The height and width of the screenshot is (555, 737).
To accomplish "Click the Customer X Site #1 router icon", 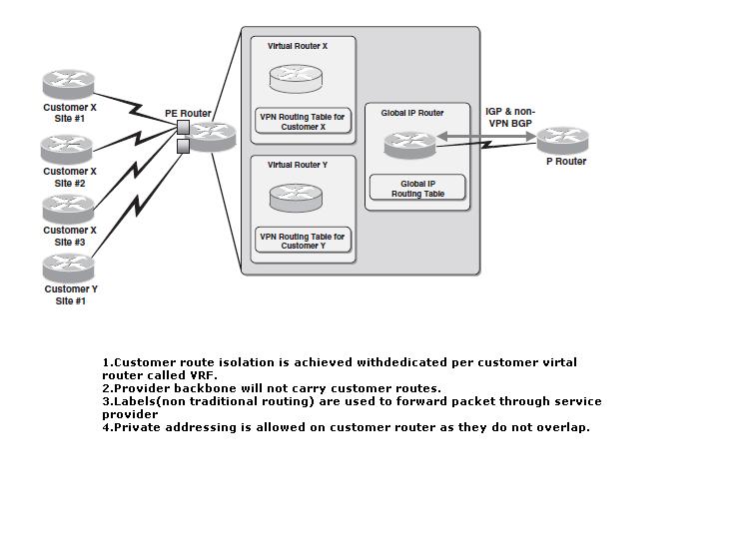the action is [69, 84].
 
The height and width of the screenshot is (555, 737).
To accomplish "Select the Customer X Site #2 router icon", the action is [67, 150].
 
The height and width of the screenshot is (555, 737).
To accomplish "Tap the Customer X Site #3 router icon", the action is [69, 210].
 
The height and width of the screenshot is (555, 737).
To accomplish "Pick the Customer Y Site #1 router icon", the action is [69, 269].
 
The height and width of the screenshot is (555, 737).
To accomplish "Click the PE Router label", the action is [188, 113].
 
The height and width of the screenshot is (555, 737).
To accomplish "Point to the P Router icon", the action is [562, 140].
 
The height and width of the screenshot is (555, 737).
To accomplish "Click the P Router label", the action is [566, 161].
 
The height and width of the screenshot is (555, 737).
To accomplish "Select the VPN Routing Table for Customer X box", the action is [303, 121].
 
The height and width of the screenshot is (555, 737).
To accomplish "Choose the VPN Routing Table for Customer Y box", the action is [303, 241].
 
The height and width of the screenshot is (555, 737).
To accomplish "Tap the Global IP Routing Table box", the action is [417, 188].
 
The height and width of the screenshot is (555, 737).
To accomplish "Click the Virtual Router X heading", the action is [298, 46].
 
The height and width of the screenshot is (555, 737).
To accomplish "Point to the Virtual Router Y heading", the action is [298, 165].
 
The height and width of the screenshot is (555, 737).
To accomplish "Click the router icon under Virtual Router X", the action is [297, 79].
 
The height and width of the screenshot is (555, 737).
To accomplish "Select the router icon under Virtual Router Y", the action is [297, 198].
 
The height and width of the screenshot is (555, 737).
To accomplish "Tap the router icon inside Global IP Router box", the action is [409, 145].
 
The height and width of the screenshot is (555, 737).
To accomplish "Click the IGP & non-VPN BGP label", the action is [510, 118].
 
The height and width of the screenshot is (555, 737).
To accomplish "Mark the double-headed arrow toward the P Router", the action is [486, 137].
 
